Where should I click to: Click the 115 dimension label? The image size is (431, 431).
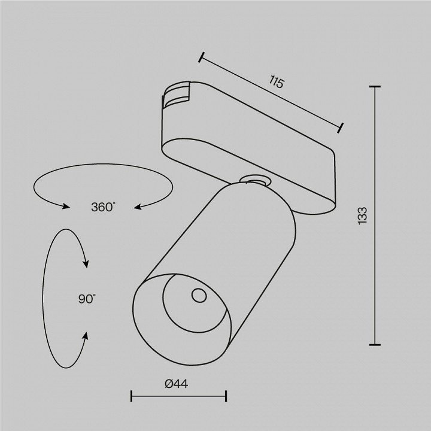click(276, 81)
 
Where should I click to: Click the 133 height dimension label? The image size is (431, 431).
click(363, 215)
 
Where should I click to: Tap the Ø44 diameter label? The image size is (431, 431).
click(177, 384)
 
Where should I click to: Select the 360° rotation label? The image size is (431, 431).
click(103, 207)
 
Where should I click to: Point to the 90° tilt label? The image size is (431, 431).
click(87, 299)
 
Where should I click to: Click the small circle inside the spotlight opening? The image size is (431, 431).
click(199, 296)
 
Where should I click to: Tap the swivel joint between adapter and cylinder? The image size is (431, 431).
click(255, 180)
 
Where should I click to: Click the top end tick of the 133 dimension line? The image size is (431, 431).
click(375, 87)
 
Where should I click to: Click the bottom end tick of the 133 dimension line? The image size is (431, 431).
click(375, 344)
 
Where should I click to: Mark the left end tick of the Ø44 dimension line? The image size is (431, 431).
click(131, 396)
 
